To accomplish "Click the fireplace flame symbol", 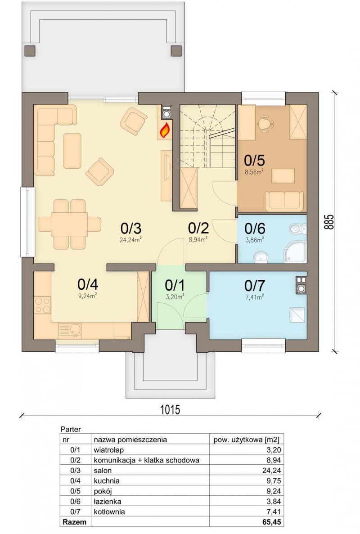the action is tap(165, 130).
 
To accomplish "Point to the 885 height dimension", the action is tap(329, 222).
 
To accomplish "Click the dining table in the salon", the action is tap(69, 224).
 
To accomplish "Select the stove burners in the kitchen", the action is tap(43, 305).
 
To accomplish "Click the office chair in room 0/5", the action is tap(266, 122).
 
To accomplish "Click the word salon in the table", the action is tap(103, 470).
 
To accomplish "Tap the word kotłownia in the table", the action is tap(109, 512).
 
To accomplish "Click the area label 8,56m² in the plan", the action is tap(255, 172).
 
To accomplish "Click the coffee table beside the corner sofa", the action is tap(72, 151).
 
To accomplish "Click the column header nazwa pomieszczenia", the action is tap(130, 440).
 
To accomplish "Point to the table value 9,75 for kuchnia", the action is tap(274, 480).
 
